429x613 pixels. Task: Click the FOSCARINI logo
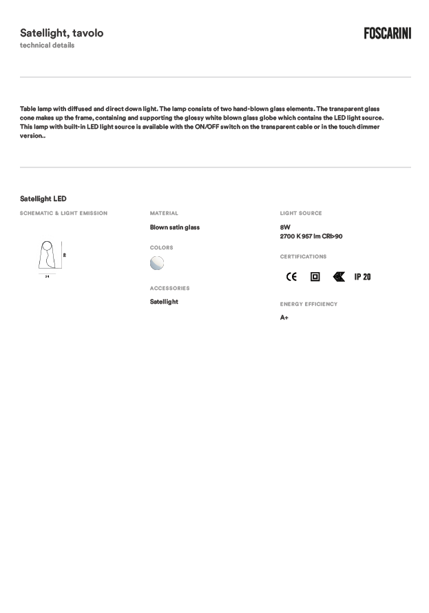(387, 33)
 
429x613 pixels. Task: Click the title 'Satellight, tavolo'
(62, 33)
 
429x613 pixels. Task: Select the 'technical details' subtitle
(47, 45)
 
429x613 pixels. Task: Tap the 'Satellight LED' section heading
(43, 199)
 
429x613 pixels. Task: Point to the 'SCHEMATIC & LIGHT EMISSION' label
(63, 214)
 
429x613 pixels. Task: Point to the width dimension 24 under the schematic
(47, 276)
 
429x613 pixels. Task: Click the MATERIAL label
(164, 214)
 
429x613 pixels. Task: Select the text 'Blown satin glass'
(175, 227)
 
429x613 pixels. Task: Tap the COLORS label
(162, 248)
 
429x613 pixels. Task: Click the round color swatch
(157, 262)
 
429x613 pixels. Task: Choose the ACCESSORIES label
(169, 289)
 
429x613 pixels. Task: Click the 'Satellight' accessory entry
(164, 302)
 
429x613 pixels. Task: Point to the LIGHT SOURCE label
(301, 214)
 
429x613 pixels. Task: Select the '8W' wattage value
(285, 227)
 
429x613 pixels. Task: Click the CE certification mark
(291, 277)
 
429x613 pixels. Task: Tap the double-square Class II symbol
(315, 277)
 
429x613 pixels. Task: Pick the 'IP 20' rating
(362, 277)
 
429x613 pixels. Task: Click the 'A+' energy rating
(284, 318)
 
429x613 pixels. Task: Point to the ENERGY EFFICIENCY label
(308, 304)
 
